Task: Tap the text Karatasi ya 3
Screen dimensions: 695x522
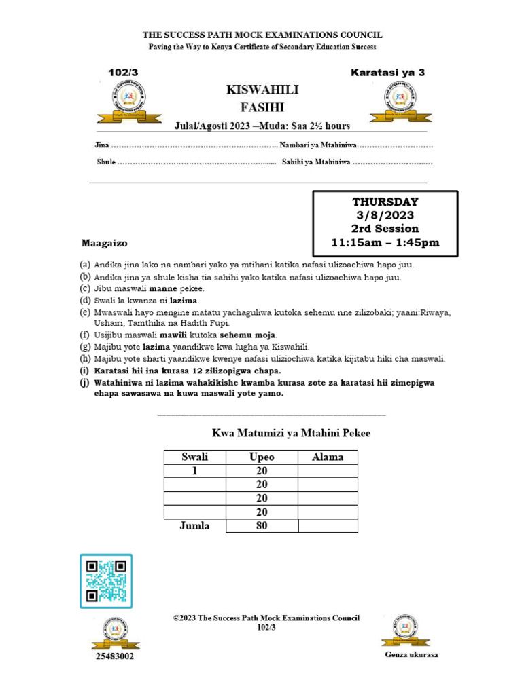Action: tap(388, 72)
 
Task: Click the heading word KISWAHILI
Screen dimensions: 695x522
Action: tap(262, 90)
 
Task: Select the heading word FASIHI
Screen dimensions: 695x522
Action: tap(262, 107)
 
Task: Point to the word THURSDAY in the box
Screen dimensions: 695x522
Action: tap(385, 202)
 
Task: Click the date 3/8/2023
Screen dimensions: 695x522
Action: tap(385, 215)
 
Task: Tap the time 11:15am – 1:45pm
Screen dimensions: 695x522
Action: tap(385, 242)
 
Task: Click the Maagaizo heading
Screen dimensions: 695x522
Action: tap(105, 242)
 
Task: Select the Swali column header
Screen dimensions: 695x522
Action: tap(194, 457)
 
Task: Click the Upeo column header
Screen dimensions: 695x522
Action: tap(262, 457)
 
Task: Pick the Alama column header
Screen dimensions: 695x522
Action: tap(328, 457)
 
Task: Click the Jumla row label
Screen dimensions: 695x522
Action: tap(194, 525)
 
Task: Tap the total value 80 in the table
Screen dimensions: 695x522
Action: tap(262, 525)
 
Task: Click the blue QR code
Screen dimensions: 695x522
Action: tap(106, 580)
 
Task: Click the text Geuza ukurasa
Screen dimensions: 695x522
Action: tap(411, 655)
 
